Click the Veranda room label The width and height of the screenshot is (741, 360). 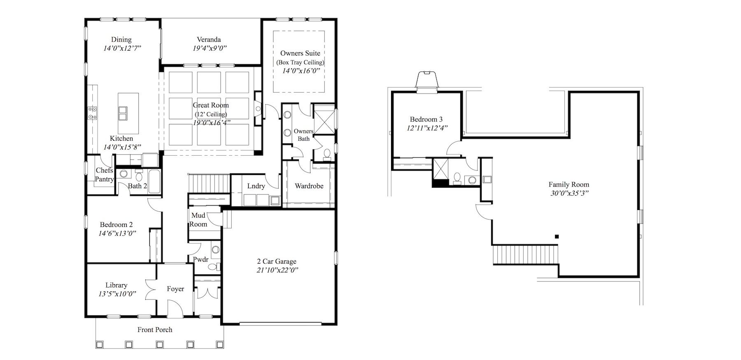(209, 40)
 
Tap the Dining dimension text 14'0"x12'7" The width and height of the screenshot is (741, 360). (122, 48)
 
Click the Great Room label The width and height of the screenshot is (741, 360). (211, 105)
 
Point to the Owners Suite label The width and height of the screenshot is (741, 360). (300, 53)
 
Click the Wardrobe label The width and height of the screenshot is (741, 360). (309, 186)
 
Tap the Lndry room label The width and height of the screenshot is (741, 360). (256, 186)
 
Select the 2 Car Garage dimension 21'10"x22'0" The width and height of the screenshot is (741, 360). (277, 270)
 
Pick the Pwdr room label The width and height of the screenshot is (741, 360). (201, 259)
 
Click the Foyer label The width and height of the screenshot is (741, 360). (175, 289)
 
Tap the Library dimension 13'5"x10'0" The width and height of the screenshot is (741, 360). (117, 294)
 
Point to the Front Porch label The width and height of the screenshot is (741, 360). (155, 330)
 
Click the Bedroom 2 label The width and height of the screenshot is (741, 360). (116, 225)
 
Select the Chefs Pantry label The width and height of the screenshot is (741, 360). (105, 175)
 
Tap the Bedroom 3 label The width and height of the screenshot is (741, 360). (426, 119)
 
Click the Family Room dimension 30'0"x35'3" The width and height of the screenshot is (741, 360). (569, 194)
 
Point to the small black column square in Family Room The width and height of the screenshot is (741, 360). (557, 236)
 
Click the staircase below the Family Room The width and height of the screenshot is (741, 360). (526, 255)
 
